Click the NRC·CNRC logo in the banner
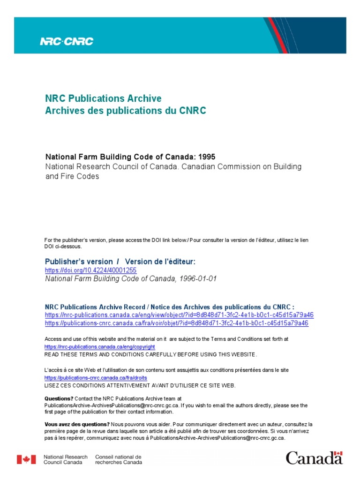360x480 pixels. [67, 41]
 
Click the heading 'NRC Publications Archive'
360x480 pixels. [103, 98]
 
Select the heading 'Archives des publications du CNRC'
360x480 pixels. [125, 111]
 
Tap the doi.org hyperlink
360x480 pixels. [90, 270]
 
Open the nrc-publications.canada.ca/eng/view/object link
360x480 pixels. [179, 315]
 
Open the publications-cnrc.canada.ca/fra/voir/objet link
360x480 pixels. [177, 323]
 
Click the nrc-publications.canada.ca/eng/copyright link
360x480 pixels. [99, 347]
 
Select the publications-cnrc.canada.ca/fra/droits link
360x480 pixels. [99, 378]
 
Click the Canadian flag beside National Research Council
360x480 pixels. [27, 459]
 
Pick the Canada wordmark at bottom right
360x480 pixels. [314, 458]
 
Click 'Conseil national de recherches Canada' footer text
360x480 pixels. [118, 459]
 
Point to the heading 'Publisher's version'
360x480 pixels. [79, 262]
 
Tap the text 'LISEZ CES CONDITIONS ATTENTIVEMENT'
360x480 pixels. [105, 385]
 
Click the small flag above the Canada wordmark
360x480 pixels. [339, 454]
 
